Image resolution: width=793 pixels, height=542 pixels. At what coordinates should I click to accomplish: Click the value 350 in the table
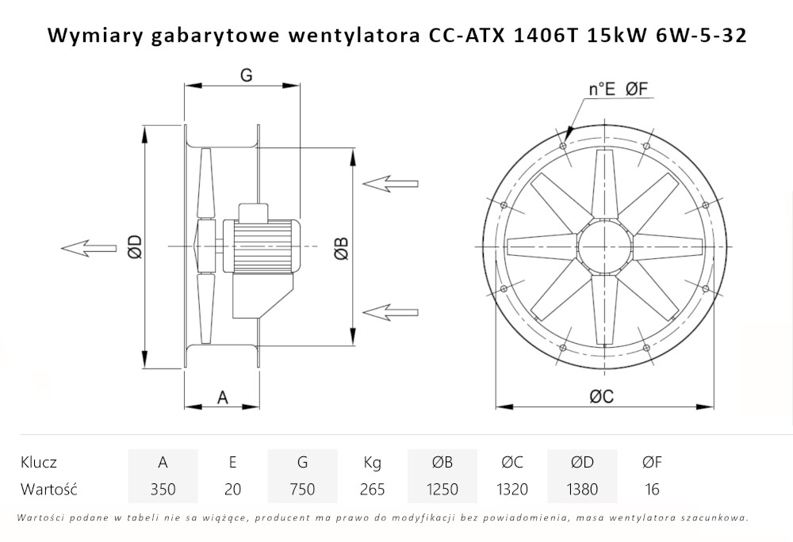point(163,489)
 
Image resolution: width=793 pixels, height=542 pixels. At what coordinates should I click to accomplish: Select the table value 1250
point(442,489)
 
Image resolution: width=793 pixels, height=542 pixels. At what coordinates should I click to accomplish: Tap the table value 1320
point(511,489)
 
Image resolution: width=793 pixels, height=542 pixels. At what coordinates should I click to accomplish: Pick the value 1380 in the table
point(581,489)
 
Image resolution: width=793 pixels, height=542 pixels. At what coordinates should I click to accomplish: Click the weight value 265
point(372,489)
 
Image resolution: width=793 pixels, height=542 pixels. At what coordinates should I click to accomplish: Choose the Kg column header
point(372,463)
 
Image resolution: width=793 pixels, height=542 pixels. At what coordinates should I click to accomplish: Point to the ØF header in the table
point(652,463)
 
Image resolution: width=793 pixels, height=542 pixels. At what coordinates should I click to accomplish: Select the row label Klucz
point(39,463)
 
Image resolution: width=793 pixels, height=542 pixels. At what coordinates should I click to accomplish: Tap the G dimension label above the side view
point(246,75)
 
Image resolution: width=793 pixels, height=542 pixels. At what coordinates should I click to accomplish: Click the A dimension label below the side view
point(223,398)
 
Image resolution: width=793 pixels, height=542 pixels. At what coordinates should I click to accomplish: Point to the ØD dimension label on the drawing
point(134,247)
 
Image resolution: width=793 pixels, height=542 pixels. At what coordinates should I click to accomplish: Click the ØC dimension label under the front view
point(602,398)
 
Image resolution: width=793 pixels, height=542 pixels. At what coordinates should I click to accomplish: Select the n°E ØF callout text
point(619,90)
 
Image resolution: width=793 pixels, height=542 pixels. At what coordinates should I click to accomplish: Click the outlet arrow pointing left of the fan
point(88,248)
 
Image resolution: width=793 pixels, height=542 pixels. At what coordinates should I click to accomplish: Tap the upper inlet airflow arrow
point(389,183)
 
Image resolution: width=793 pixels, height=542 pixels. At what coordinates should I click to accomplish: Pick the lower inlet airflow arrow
point(389,311)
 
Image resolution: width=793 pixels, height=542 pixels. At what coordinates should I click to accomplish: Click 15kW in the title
point(610,36)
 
